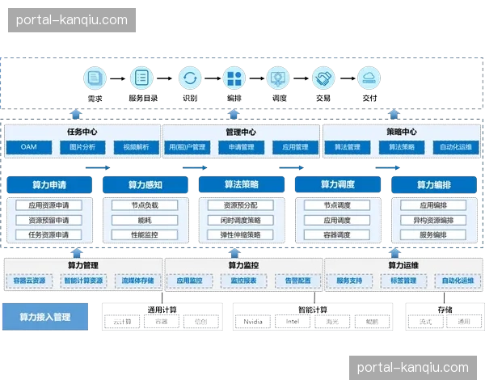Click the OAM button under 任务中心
point(29,147)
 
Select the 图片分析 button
point(82,147)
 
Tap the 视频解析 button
point(136,147)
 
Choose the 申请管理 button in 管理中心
point(242,147)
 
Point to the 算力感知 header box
point(145,185)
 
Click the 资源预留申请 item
point(49,220)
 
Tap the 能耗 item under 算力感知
point(145,220)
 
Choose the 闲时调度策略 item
point(241,220)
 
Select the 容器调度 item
point(337,235)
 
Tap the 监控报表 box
point(243,281)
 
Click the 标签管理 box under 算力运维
point(404,281)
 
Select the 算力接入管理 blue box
point(44,318)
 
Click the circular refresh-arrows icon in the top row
point(190,78)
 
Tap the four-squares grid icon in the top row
point(234,78)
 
